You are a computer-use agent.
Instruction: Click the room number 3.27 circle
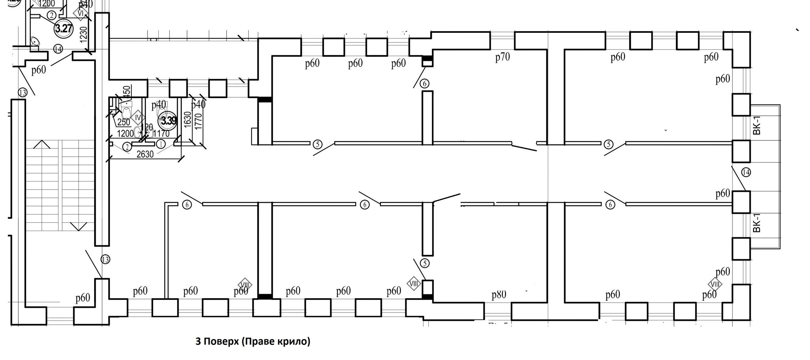64,28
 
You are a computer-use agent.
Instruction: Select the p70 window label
502,57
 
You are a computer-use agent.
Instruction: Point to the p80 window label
499,295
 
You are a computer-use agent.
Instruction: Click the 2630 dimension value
145,154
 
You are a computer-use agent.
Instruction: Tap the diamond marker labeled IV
138,117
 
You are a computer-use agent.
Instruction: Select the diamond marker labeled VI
81,13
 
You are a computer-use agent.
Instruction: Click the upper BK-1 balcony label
757,126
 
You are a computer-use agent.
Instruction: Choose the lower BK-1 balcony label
757,224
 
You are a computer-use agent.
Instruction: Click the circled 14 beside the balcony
746,172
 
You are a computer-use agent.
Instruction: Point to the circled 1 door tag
161,144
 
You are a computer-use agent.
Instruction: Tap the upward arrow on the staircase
42,145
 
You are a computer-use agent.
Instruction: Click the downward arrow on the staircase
78,226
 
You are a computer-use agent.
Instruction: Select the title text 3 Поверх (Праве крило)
253,341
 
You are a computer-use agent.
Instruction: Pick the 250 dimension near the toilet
124,122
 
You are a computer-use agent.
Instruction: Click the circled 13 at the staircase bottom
105,260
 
